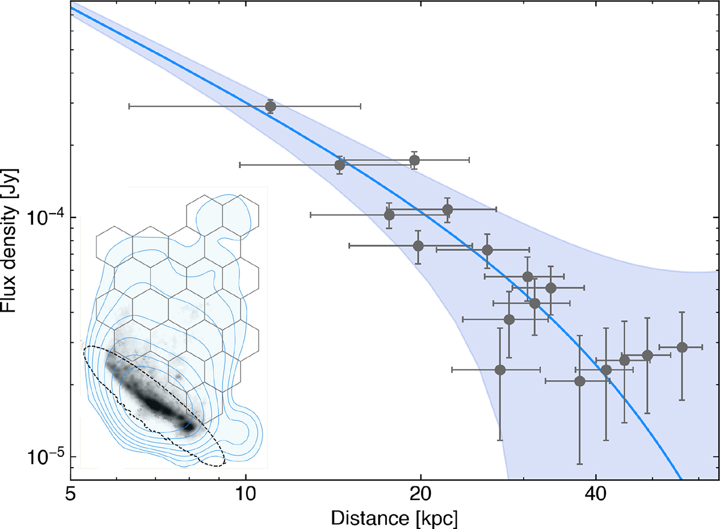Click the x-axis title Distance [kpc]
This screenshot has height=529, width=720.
tap(394, 516)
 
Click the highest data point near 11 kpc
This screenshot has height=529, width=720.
tap(271, 106)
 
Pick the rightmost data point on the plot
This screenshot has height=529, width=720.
tap(682, 347)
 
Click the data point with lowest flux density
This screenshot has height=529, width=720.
tap(580, 381)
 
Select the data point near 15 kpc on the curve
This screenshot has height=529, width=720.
tap(340, 165)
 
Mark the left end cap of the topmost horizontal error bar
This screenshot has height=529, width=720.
tap(130, 106)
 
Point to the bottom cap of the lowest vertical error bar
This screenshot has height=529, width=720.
tap(580, 464)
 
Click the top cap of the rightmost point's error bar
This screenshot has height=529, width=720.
tap(682, 312)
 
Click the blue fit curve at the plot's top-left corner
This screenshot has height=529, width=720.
tap(72, 8)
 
